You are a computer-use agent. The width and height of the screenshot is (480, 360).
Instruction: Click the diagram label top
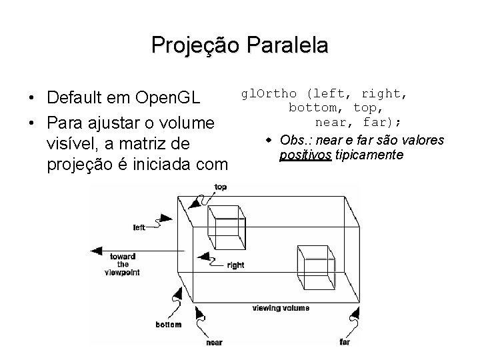click(220, 187)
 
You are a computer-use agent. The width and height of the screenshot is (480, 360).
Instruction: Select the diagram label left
click(139, 227)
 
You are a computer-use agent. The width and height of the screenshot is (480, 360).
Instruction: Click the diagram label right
click(235, 265)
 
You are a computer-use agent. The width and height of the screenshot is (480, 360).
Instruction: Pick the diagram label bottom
click(168, 325)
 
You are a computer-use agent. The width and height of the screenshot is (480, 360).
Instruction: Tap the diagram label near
click(214, 342)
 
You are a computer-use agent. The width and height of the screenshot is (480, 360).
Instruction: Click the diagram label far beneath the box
click(345, 341)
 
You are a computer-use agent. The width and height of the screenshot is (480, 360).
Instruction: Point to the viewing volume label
click(281, 308)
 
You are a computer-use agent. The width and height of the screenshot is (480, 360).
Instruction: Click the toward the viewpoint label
click(123, 264)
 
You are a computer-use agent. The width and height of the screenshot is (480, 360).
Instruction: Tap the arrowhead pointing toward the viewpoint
click(95, 251)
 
